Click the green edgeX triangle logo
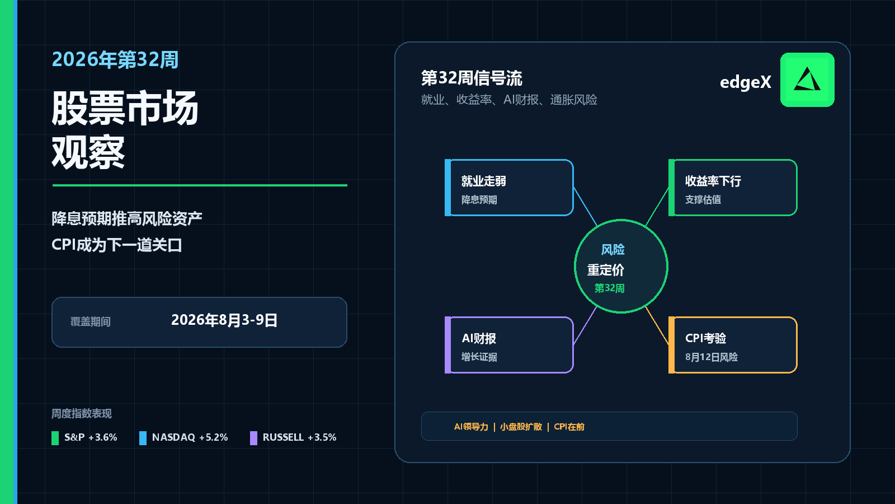click(x=807, y=80)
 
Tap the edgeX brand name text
click(x=746, y=82)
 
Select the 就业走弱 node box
click(x=509, y=188)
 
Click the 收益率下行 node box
click(x=733, y=188)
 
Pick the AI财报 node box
click(x=509, y=345)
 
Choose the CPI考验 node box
click(x=733, y=345)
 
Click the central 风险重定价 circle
click(x=621, y=266)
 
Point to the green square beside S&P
click(x=55, y=438)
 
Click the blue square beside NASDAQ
click(x=143, y=438)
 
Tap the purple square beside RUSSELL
click(x=253, y=438)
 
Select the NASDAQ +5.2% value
click(x=213, y=437)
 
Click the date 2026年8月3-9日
click(x=224, y=320)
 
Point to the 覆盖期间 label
click(x=90, y=321)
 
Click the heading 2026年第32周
click(x=115, y=59)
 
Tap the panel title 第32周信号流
click(x=472, y=78)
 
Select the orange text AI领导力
click(x=471, y=427)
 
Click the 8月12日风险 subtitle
click(x=711, y=357)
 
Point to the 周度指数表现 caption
click(x=82, y=414)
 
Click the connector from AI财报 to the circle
click(x=585, y=325)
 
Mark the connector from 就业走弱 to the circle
click(x=585, y=207)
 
